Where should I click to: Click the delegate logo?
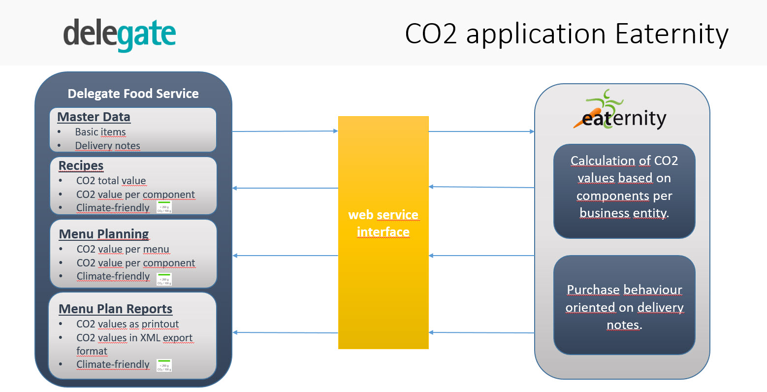pos(120,34)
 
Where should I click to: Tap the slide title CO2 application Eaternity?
pos(566,34)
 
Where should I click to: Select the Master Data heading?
pos(94,117)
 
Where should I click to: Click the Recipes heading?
pos(81,165)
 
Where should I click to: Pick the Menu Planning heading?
pos(104,234)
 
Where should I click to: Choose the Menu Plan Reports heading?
pos(115,309)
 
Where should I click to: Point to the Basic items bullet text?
pos(100,132)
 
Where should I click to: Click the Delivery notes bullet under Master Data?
pos(107,146)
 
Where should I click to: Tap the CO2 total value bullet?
pos(111,181)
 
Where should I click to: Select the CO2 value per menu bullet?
pos(123,249)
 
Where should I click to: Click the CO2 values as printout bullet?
pos(128,324)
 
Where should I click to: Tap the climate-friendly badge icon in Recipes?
pos(164,207)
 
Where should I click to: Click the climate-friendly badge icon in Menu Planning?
pos(164,279)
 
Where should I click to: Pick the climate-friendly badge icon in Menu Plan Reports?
pos(164,365)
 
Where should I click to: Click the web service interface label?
pos(383,224)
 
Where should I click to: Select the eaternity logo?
pos(622,113)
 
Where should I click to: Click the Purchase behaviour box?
pos(624,305)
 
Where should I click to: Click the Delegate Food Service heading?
pos(133,94)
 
